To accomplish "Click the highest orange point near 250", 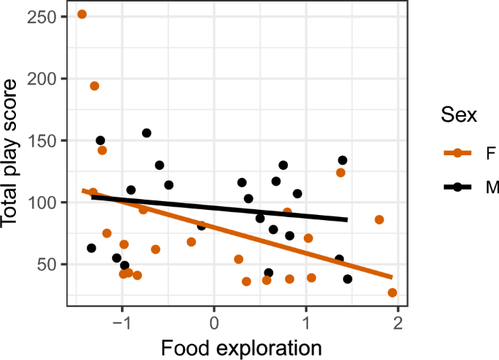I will pyautogui.click(x=82, y=14).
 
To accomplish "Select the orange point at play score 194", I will pyautogui.click(x=94, y=86).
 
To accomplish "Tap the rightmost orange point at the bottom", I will pyautogui.click(x=393, y=292).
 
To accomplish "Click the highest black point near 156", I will pyautogui.click(x=146, y=133).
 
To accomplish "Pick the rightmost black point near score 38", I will pyautogui.click(x=347, y=279).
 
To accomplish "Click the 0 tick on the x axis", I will pyautogui.click(x=214, y=321).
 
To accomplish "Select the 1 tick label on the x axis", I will pyautogui.click(x=306, y=321).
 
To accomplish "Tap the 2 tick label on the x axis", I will pyautogui.click(x=398, y=321).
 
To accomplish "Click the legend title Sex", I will pyautogui.click(x=458, y=114).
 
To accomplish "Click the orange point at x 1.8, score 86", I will pyautogui.click(x=379, y=219).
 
